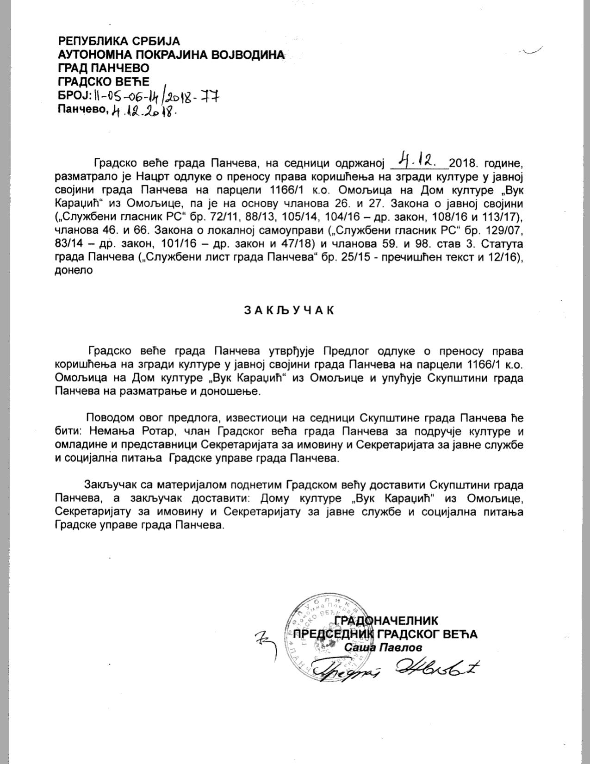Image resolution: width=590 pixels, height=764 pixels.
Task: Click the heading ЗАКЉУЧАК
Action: point(289,310)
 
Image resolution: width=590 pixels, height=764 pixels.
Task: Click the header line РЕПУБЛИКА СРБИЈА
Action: point(118,41)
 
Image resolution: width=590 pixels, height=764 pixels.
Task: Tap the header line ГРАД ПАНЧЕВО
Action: point(104,68)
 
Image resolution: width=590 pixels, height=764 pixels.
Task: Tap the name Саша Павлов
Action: point(384,647)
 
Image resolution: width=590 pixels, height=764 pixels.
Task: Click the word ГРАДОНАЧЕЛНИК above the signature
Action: point(386,621)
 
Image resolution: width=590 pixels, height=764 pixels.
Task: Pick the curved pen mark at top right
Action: point(533,51)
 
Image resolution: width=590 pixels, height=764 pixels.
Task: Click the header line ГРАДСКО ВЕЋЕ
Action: point(104,81)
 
